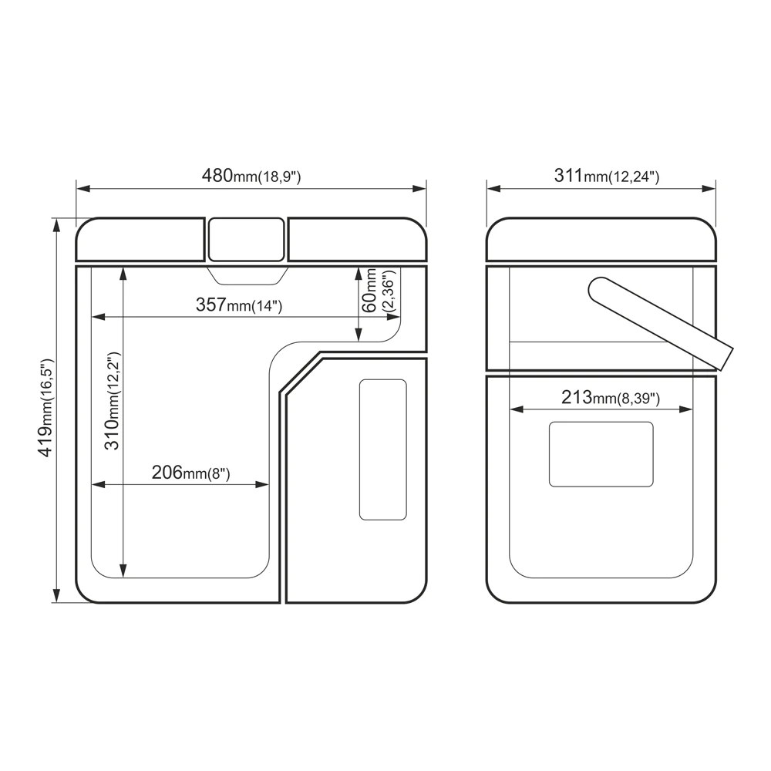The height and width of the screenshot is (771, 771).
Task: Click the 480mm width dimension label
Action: coord(251,176)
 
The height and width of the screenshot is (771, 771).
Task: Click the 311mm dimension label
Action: coord(606,176)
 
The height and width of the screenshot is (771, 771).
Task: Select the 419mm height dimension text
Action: coord(45,408)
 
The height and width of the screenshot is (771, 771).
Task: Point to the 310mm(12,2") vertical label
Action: coord(113,401)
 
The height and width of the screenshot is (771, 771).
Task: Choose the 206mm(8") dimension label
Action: coord(190,473)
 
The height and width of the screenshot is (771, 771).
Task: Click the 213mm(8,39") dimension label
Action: coord(610,397)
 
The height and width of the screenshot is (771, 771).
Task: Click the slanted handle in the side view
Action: coord(661,323)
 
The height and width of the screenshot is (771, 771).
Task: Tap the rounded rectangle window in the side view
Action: coord(601,454)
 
